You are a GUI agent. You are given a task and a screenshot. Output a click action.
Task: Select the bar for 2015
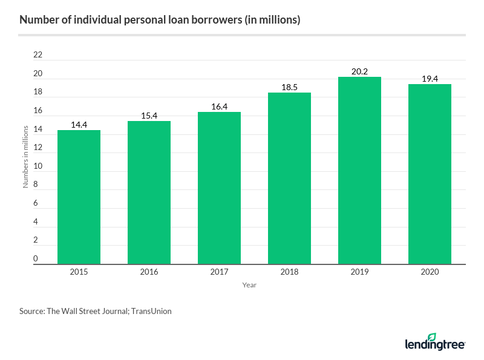tap(79, 197)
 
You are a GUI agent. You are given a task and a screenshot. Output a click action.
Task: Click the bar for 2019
tap(359, 171)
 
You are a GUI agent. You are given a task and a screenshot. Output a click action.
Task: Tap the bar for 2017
tap(219, 188)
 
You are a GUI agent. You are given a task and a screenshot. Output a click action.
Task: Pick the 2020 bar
tap(430, 174)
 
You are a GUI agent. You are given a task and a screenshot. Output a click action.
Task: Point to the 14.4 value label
tap(79, 125)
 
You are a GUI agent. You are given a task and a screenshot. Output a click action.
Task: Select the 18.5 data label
tap(289, 87)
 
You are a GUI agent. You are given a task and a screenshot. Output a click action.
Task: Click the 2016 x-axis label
tap(149, 272)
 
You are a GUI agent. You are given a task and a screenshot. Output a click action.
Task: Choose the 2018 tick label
tap(289, 272)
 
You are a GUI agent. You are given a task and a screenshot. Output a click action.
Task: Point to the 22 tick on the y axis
tap(38, 55)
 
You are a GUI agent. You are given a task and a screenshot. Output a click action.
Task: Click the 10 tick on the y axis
tap(38, 166)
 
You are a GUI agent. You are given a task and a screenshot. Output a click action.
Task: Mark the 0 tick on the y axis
tap(35, 259)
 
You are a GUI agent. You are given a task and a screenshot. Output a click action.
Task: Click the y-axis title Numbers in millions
tap(26, 156)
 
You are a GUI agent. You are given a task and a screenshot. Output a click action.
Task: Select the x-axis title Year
tap(249, 285)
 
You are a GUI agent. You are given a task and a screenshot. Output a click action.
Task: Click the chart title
tap(160, 20)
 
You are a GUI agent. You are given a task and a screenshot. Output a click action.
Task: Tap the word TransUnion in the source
tap(150, 312)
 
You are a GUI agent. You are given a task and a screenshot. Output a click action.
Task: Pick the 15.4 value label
tap(149, 116)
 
